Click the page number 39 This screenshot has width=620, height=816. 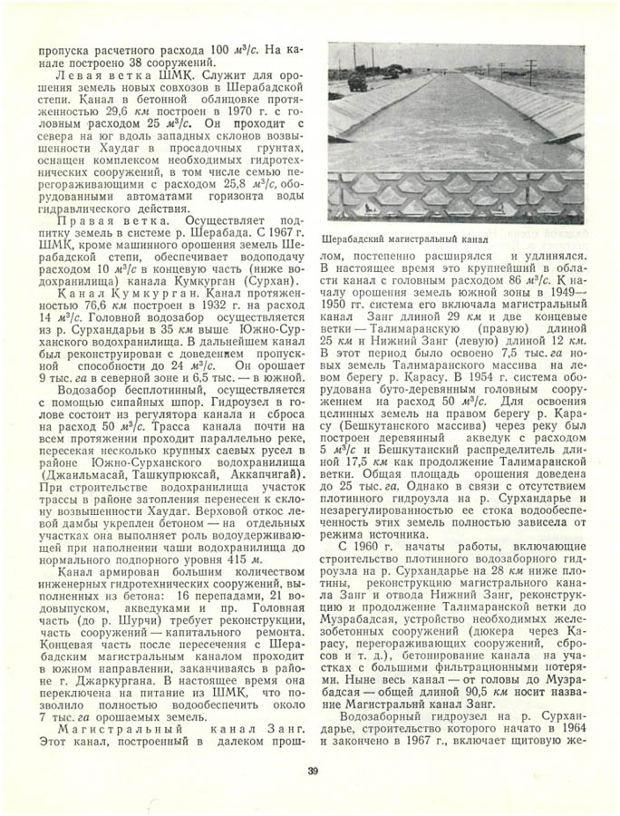(x=311, y=772)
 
